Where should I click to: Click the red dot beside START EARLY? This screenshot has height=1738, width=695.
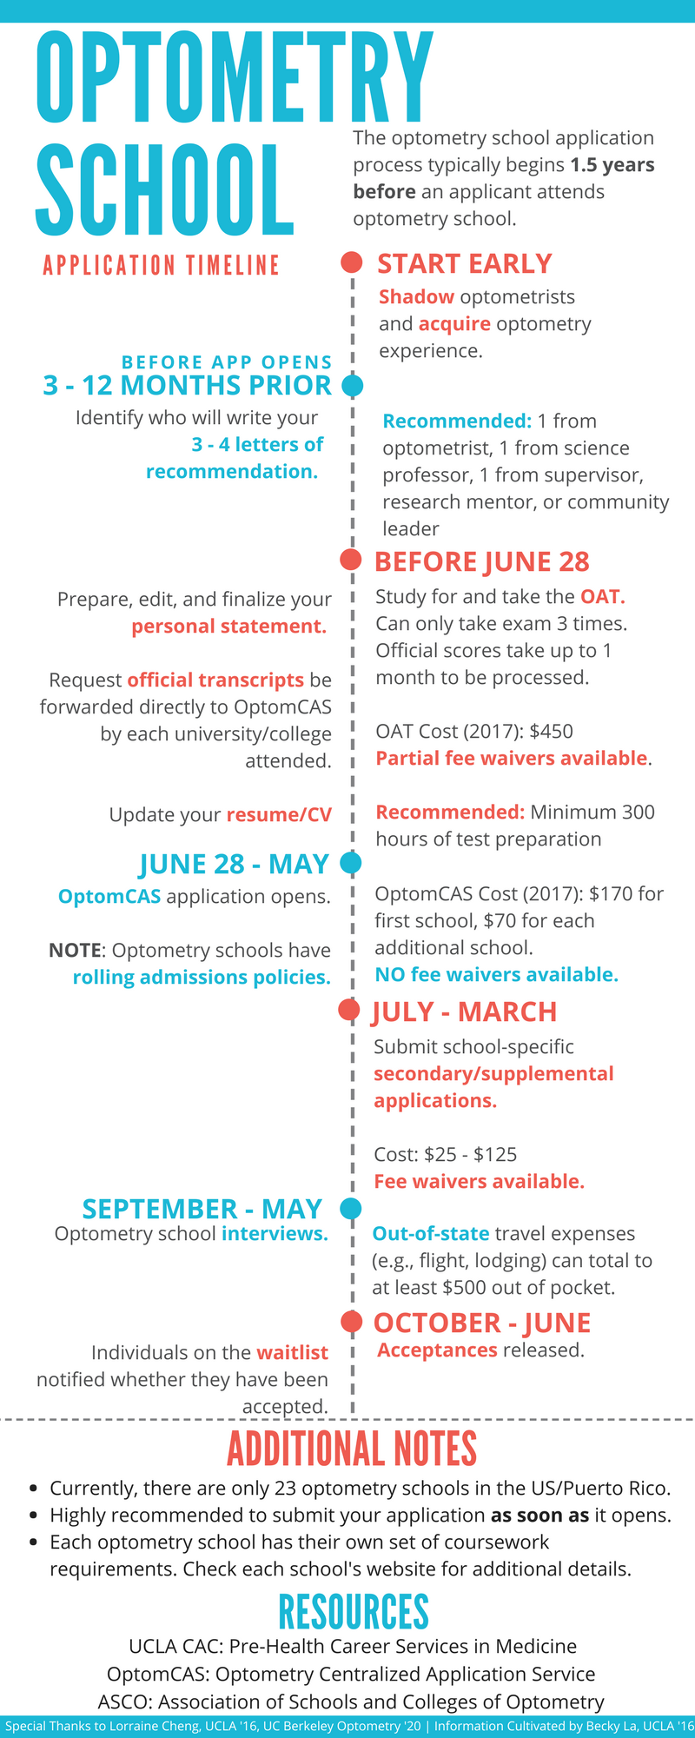[351, 262]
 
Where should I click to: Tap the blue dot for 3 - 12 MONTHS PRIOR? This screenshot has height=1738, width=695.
[352, 385]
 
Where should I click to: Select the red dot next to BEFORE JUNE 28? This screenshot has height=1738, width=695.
[351, 561]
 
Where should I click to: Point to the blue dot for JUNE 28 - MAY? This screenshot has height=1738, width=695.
[351, 863]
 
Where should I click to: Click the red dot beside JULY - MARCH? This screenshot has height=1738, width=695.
[349, 1010]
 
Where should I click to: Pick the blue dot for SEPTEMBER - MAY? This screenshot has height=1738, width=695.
[351, 1208]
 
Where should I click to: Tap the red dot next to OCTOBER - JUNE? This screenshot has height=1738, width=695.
[351, 1322]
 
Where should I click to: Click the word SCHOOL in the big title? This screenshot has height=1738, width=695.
[165, 191]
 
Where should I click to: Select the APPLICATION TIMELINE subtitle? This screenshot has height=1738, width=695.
[162, 265]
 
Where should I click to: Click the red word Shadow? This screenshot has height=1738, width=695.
[416, 297]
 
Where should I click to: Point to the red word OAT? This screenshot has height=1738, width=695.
[601, 597]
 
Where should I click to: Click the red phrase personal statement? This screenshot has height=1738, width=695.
[229, 627]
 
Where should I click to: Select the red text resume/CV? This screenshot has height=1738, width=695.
[279, 815]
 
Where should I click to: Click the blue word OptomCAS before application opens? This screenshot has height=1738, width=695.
[109, 897]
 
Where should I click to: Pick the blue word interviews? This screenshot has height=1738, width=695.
[275, 1234]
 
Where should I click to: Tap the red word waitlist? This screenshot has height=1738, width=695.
[292, 1353]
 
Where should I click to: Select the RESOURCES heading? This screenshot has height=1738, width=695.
[354, 1612]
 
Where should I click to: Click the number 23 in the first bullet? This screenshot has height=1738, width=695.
[286, 1489]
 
